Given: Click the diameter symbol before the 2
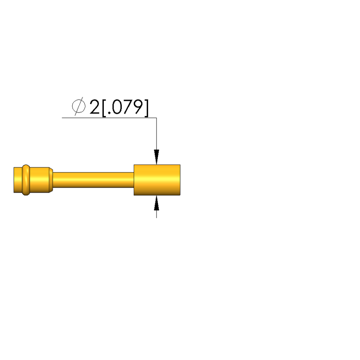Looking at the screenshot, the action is (78, 106).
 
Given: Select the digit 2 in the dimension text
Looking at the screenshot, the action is (94, 107).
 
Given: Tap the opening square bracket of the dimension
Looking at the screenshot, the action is (104, 108).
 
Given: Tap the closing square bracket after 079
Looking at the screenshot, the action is (146, 108).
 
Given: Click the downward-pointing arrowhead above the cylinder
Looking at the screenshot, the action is (157, 157).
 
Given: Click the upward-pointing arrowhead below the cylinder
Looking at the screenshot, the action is (157, 203).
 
